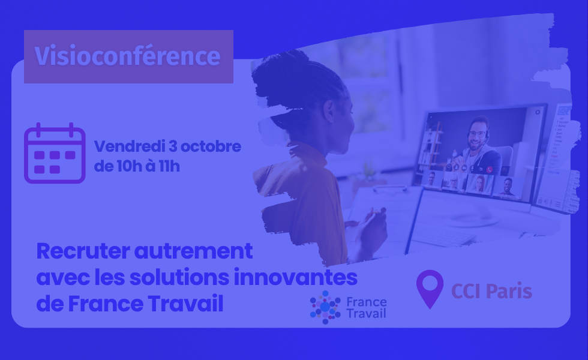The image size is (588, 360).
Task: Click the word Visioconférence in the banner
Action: pyautogui.click(x=127, y=56)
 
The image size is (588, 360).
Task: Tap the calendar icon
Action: pyautogui.click(x=55, y=154)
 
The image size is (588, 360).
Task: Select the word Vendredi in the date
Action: pyautogui.click(x=130, y=146)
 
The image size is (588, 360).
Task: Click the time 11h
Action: pyautogui.click(x=169, y=166)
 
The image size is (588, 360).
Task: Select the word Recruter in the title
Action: pyautogui.click(x=83, y=251)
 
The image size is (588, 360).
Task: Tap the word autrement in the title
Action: pyautogui.click(x=193, y=252)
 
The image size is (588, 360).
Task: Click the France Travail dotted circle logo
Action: pyautogui.click(x=325, y=307)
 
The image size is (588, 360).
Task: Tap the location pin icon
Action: pyautogui.click(x=430, y=289)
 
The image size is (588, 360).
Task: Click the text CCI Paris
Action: pyautogui.click(x=491, y=292)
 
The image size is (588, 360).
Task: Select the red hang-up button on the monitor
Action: pyautogui.click(x=490, y=169)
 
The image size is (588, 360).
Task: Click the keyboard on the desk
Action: pyautogui.click(x=443, y=235)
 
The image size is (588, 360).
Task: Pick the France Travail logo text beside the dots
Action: pyautogui.click(x=366, y=307)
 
